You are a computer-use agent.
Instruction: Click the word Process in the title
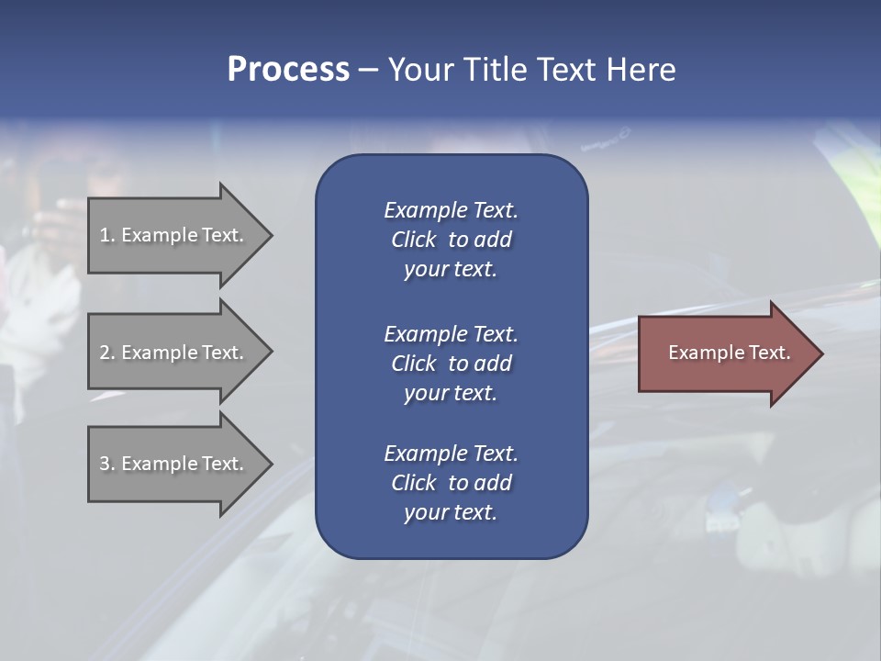tap(288, 70)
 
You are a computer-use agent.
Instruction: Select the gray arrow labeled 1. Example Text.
tap(174, 235)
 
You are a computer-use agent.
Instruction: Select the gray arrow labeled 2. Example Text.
tap(174, 353)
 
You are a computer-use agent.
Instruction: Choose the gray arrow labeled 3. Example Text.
tap(174, 464)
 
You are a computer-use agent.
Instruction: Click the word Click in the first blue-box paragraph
tap(414, 240)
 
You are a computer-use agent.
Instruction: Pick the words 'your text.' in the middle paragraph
tap(451, 393)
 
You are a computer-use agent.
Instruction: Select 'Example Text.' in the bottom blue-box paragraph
tap(451, 454)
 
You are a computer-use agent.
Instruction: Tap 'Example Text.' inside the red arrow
tap(729, 353)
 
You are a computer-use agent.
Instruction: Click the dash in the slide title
tap(368, 70)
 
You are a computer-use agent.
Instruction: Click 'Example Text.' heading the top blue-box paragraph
tap(451, 210)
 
